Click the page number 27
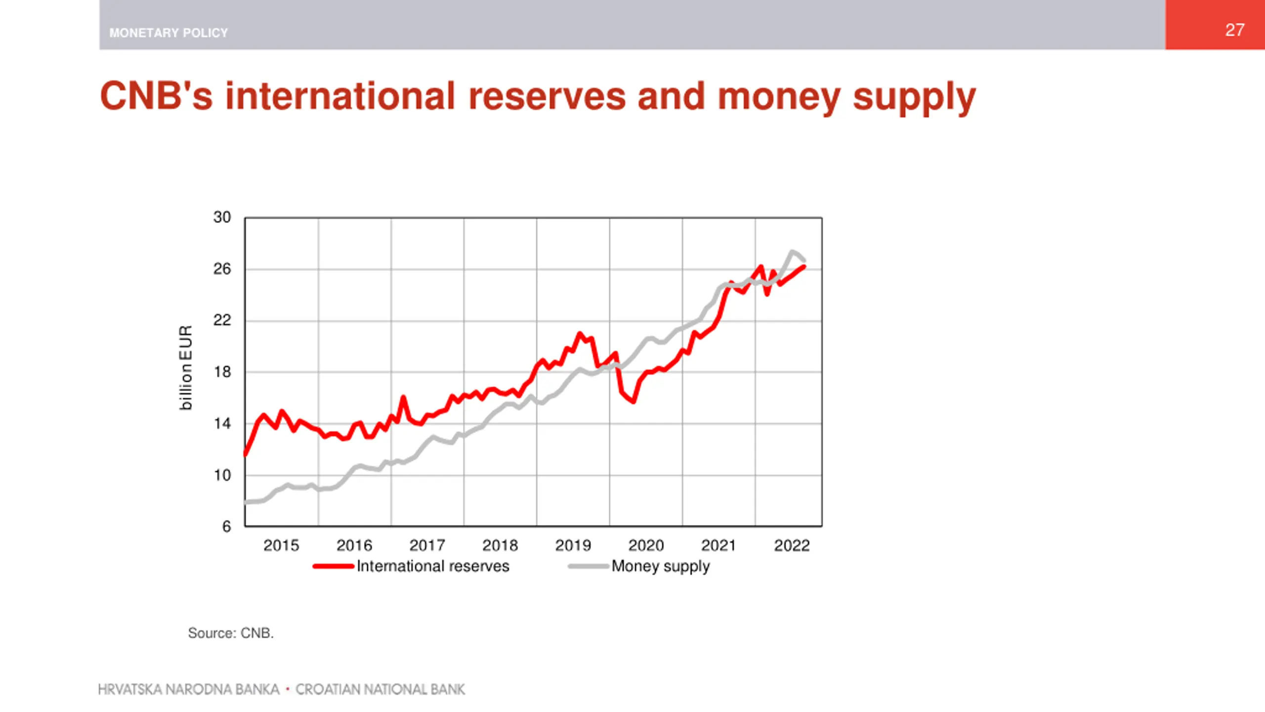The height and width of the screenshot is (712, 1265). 1234,30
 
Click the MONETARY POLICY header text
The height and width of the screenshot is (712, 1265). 169,33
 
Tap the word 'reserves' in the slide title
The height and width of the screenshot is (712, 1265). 547,96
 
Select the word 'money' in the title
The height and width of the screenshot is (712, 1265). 779,96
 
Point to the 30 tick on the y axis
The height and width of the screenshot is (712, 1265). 222,217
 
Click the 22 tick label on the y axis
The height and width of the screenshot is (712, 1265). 222,320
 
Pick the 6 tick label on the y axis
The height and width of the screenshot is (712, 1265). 226,527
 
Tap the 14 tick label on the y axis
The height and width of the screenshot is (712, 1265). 222,424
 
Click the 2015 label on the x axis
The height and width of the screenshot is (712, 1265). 281,545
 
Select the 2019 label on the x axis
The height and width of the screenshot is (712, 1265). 573,545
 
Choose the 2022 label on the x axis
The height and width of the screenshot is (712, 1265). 792,545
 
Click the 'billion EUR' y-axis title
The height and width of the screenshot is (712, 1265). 185,367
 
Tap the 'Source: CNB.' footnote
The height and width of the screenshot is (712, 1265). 231,633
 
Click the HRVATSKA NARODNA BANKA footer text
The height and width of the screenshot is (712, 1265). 189,689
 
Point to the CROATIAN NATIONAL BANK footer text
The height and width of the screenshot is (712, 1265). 380,689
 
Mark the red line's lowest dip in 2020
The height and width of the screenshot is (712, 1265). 633,401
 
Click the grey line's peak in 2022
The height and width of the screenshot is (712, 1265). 792,252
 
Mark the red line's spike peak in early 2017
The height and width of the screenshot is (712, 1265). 403,397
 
